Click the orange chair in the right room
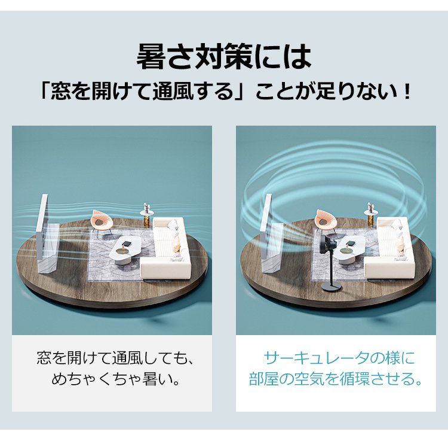[325, 220]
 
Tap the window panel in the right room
[270, 235]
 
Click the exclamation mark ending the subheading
[407, 92]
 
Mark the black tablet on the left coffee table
[126, 244]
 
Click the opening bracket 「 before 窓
[46, 92]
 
